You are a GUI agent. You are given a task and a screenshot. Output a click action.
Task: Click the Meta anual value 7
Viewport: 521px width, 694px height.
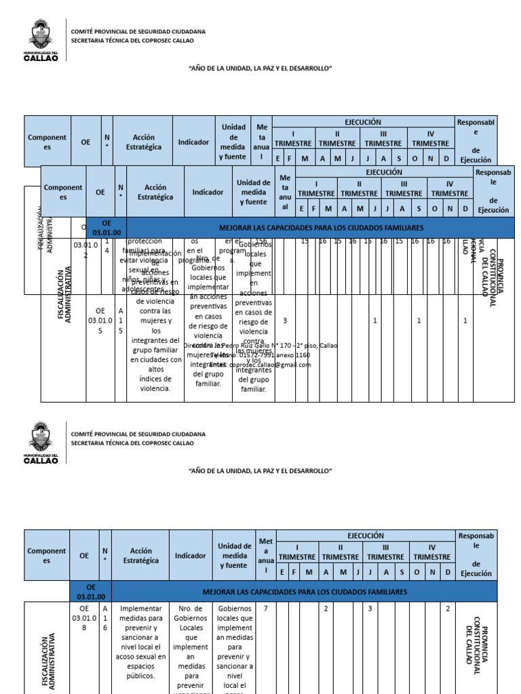pos(265,609)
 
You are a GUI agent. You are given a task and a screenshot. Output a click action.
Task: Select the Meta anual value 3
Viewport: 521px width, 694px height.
pos(285,321)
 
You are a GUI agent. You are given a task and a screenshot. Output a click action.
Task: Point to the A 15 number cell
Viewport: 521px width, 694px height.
pos(120,321)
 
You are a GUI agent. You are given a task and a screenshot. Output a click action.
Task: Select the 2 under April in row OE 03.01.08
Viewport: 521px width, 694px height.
pos(326,609)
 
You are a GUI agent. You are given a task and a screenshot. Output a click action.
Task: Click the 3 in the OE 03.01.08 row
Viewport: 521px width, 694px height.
pos(370,609)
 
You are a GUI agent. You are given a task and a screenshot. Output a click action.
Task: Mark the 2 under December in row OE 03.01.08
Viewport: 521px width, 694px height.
pos(448,609)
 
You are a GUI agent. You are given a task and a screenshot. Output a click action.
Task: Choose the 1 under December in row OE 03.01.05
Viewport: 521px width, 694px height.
pos(465,321)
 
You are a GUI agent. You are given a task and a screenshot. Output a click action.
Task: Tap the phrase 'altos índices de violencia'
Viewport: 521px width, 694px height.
pos(156,379)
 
